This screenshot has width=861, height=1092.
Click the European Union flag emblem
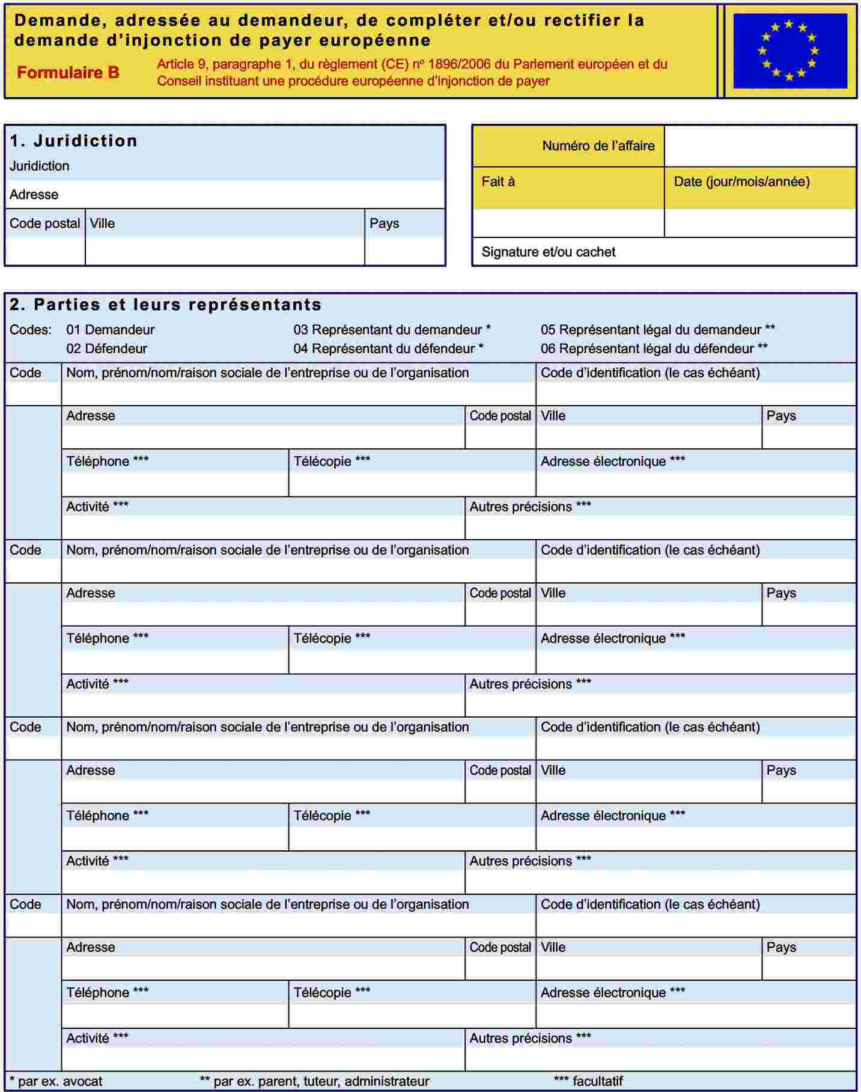click(x=790, y=51)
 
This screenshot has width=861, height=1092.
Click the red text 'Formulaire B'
click(x=68, y=73)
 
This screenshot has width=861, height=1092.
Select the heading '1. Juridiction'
click(x=73, y=141)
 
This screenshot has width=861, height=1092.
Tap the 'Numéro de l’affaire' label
click(x=598, y=145)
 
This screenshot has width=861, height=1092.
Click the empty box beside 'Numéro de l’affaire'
click(x=760, y=145)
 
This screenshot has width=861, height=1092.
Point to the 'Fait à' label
click(x=498, y=181)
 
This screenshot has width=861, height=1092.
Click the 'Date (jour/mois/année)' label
click(x=741, y=181)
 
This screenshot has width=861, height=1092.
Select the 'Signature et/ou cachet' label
click(x=548, y=252)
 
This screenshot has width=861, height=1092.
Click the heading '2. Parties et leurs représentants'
click(x=165, y=305)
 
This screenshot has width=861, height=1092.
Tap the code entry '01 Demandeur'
click(x=110, y=330)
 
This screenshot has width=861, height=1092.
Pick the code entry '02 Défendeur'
click(x=106, y=349)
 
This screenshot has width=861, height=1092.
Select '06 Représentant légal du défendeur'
click(x=654, y=349)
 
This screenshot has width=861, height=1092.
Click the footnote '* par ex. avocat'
click(x=56, y=1081)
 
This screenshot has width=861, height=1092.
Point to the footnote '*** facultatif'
click(x=588, y=1081)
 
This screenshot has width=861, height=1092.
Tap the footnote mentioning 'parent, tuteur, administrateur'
click(x=314, y=1081)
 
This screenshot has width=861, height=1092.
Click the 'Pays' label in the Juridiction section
click(x=384, y=224)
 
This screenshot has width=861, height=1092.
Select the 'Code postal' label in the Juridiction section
click(x=44, y=224)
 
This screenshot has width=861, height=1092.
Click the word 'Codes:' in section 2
click(x=30, y=330)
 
